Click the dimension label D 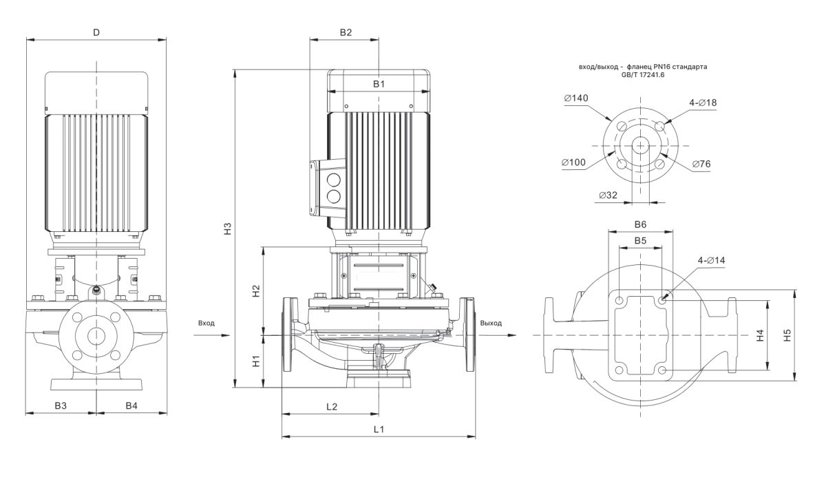coord(96,32)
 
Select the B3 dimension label coord(61,406)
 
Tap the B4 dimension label coord(131,406)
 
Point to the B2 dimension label coord(346,32)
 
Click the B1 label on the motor coord(379,84)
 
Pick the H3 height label coord(226,229)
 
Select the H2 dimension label coord(255,290)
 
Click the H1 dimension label coord(255,360)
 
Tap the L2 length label coord(331,406)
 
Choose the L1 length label coord(379,429)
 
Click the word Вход coord(206,322)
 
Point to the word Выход coord(491,322)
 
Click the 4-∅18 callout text coord(703,103)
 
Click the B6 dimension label coord(640,224)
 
